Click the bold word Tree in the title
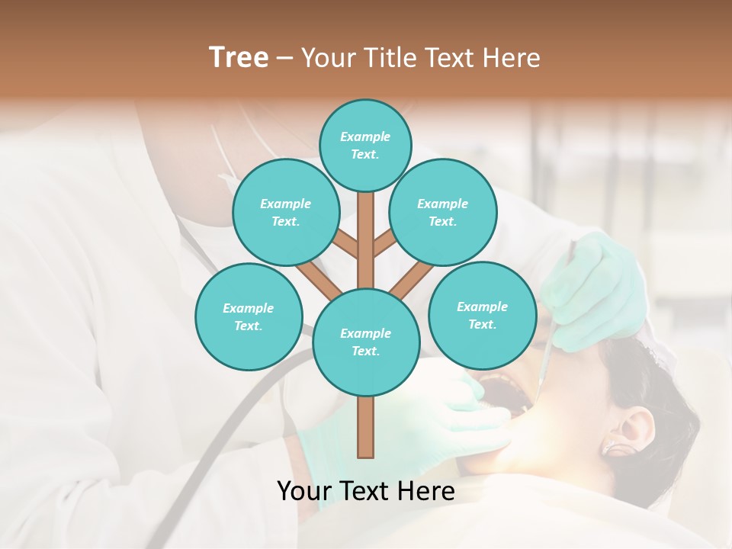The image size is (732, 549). (x=239, y=58)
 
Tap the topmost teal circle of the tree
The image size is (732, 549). (x=365, y=145)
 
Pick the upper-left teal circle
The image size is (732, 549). (x=285, y=213)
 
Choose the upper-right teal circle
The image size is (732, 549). (x=442, y=213)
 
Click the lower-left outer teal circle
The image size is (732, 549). (x=249, y=316)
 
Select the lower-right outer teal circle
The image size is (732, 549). (x=482, y=316)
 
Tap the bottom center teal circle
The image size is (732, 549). (x=366, y=342)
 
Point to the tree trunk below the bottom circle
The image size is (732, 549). (x=366, y=427)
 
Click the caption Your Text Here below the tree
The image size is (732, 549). (x=366, y=491)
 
